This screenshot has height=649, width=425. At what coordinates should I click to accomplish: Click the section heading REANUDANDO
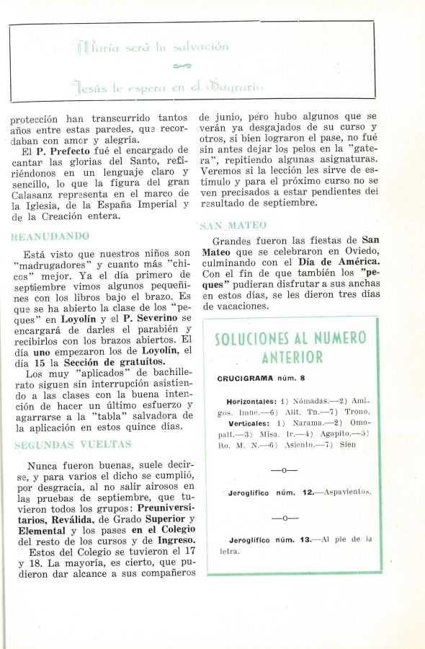tap(50, 236)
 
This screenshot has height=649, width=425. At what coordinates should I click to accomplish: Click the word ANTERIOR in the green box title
tap(292, 357)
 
